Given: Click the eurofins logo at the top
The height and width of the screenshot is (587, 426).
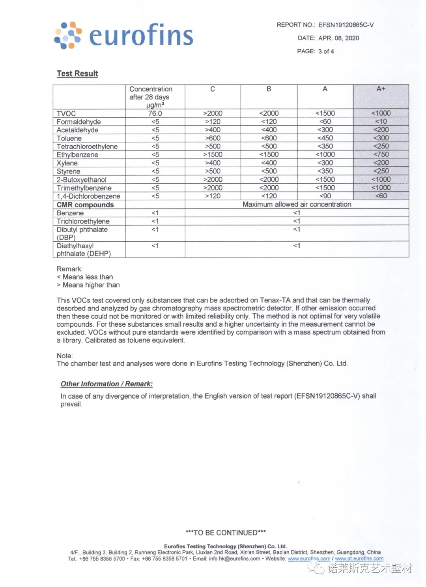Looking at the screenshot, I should click(x=123, y=35).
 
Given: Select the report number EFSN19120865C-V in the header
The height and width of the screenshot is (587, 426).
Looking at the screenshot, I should click(x=346, y=25).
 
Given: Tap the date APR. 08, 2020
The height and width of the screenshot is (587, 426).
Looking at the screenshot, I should click(x=338, y=38).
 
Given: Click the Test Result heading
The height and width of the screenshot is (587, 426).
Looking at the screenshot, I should click(x=77, y=73).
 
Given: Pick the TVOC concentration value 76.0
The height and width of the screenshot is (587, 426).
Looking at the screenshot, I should click(x=155, y=113).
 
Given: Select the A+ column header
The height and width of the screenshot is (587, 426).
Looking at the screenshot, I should click(x=381, y=89).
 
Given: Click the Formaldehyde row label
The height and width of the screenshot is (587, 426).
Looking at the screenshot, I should click(x=78, y=122).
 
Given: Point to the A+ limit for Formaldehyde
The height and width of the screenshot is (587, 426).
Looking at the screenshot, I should click(x=381, y=122).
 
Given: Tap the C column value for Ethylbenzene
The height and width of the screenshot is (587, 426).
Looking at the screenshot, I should click(x=213, y=154).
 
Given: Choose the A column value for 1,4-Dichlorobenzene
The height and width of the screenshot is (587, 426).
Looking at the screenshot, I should click(x=325, y=196).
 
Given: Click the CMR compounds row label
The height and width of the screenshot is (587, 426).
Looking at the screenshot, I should click(x=85, y=205).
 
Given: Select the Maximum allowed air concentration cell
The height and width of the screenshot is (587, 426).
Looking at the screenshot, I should click(x=297, y=204).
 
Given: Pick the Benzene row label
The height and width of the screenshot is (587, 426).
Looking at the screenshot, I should click(x=70, y=213).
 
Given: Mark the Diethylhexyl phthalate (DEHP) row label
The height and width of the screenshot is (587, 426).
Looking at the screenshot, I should click(x=84, y=250).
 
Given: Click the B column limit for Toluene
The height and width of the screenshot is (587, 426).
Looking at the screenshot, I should click(x=269, y=138).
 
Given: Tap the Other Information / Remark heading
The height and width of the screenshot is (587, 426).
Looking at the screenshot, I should click(x=106, y=384).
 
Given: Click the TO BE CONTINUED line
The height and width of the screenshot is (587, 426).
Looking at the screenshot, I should click(x=226, y=532).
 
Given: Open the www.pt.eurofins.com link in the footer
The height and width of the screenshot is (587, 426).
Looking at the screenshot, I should click(x=359, y=559).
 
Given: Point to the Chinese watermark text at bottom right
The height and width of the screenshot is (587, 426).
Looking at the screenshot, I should click(x=369, y=568).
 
